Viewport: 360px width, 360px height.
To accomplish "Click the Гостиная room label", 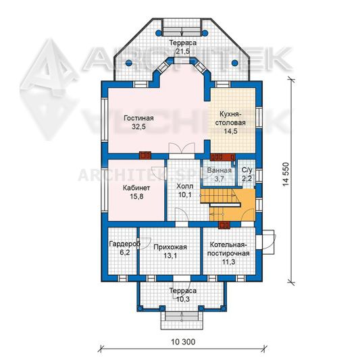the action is pos(138,118).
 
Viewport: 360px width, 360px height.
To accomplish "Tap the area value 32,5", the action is pos(138,127).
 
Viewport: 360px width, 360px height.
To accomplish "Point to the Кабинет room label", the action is pos(136,188).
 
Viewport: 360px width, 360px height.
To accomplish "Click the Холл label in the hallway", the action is pos(185,186).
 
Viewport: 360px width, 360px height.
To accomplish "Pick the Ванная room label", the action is pos(220,171).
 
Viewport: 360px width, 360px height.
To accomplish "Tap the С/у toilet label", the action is pos(247,170).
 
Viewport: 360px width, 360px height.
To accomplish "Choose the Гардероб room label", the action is pos(125,244).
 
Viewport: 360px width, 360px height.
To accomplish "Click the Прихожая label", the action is pos(170,247).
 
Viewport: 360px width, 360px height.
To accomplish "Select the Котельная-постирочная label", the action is pos(228,249).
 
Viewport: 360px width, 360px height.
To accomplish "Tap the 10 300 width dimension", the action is pos(183,342).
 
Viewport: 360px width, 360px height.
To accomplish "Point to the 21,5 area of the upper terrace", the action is pos(183,51).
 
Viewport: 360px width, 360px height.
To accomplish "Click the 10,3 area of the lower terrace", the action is pos(183,299).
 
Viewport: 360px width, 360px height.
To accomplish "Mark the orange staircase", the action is pos(228,205).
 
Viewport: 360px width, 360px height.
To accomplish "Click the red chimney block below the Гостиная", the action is pos(145,155).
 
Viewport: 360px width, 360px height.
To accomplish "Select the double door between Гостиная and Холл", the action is pos(182,149).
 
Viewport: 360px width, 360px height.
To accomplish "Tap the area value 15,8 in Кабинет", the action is pos(136,197).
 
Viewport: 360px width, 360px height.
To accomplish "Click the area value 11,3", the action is pos(228,262).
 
